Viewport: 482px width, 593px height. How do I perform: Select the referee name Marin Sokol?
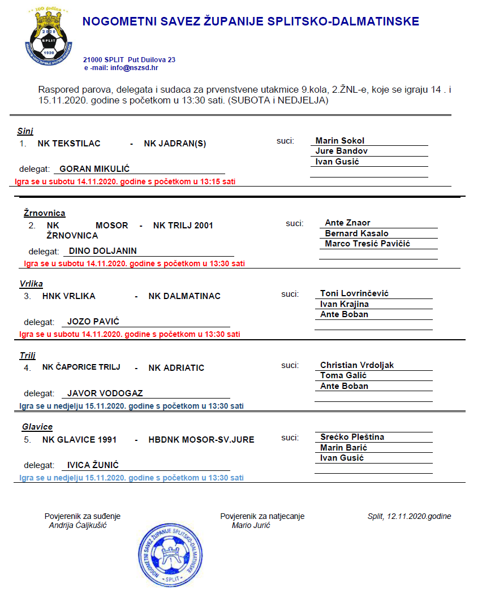pos(339,141)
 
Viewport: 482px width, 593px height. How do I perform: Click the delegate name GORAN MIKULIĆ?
pos(94,169)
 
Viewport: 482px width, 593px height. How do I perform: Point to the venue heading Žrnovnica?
pos(44,213)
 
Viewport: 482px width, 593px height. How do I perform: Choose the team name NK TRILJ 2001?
pos(183,226)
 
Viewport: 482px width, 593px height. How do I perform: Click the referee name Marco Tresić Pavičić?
pos(367,244)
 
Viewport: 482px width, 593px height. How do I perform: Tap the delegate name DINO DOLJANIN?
pos(102,251)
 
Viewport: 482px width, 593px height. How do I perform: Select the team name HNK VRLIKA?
pos(68,296)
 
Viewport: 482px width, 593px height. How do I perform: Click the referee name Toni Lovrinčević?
pos(354,293)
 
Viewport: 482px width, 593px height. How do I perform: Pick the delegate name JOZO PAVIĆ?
pos(93,322)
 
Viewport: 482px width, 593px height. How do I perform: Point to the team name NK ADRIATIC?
pos(176,368)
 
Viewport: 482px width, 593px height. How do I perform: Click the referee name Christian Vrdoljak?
pos(357,365)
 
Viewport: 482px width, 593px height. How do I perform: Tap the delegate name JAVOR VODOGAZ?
pos(105,393)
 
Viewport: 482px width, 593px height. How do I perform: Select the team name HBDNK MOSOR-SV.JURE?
pos(201,440)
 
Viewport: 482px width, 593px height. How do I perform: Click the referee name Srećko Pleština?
pos(352,437)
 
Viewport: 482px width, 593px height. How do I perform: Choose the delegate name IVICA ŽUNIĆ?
pos(93,465)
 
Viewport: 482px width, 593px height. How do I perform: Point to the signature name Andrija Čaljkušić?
pos(78,525)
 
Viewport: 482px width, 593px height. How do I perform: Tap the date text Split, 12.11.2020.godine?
pos(409,516)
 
